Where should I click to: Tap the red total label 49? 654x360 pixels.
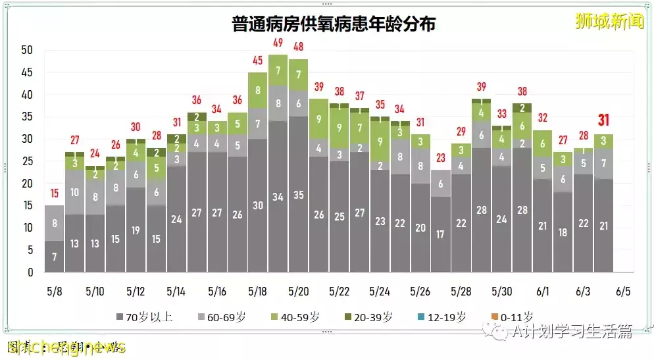pyautogui.click(x=278, y=43)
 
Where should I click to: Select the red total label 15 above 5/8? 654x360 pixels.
pyautogui.click(x=54, y=193)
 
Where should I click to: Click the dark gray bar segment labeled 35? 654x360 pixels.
pyautogui.click(x=298, y=195)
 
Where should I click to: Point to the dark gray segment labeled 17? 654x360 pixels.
pyautogui.click(x=440, y=234)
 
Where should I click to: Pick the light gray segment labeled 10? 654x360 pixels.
pyautogui.click(x=74, y=193)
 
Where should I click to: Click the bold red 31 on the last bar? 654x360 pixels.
pyautogui.click(x=603, y=120)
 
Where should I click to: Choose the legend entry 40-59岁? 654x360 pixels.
pyautogui.click(x=296, y=317)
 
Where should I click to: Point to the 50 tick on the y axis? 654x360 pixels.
pyautogui.click(x=27, y=50)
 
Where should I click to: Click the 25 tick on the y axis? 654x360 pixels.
pyautogui.click(x=27, y=161)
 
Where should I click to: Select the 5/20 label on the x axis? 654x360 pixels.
pyautogui.click(x=298, y=291)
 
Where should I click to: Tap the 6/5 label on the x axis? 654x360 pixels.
pyautogui.click(x=623, y=291)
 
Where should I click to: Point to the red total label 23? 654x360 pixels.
pyautogui.click(x=440, y=157)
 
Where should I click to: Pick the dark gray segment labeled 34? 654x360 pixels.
pyautogui.click(x=278, y=197)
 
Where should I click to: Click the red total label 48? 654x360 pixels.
pyautogui.click(x=298, y=47)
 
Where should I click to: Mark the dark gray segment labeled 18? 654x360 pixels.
pyautogui.click(x=563, y=232)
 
